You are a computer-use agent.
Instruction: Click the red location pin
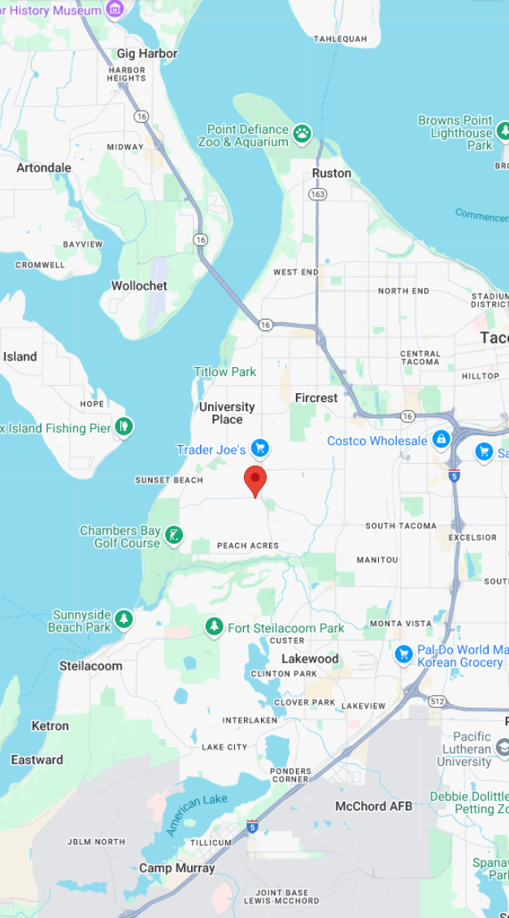[255, 479]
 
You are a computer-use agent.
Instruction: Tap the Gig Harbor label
[146, 54]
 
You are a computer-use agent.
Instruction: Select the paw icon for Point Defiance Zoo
[302, 133]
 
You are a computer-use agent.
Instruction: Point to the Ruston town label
[332, 173]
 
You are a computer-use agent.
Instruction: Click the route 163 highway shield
[317, 195]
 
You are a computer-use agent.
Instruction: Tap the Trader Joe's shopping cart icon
[259, 448]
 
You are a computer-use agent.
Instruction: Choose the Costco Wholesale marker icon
[442, 439]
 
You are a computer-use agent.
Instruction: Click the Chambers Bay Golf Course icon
[173, 535]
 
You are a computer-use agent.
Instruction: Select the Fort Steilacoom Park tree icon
[214, 627]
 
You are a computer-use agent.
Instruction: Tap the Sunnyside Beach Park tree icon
[124, 619]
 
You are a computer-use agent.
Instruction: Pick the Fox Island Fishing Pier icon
[124, 426]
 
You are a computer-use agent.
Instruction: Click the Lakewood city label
[310, 658]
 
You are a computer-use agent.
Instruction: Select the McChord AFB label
[374, 806]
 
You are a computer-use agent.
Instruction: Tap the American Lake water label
[197, 815]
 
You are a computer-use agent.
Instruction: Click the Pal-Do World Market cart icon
[403, 654]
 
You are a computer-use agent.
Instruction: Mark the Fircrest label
[316, 398]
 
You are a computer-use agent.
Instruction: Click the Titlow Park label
[224, 372]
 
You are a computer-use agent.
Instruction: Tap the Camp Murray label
[176, 868]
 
